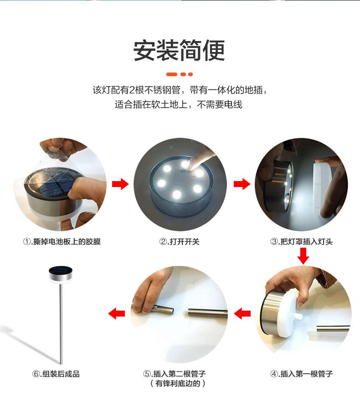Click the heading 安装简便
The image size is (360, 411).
point(180,50)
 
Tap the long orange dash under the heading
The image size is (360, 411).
point(172,74)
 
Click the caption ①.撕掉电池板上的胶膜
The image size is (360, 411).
point(62,241)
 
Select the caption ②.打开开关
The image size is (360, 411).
point(180,241)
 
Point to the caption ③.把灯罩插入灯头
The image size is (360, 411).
point(301,241)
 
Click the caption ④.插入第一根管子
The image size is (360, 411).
point(301,374)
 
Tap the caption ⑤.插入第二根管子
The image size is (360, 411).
point(175,374)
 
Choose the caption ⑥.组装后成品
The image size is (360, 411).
point(56,374)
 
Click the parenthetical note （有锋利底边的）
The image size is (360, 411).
point(178,384)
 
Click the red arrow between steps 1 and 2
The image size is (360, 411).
point(120,184)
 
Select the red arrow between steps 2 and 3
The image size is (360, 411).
point(242,184)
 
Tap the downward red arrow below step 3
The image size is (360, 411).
point(303,256)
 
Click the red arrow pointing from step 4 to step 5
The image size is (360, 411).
point(242,313)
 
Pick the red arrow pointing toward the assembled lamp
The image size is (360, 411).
point(117,313)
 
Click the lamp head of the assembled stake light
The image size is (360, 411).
point(61,274)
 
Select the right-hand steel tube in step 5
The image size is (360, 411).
point(208,312)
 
